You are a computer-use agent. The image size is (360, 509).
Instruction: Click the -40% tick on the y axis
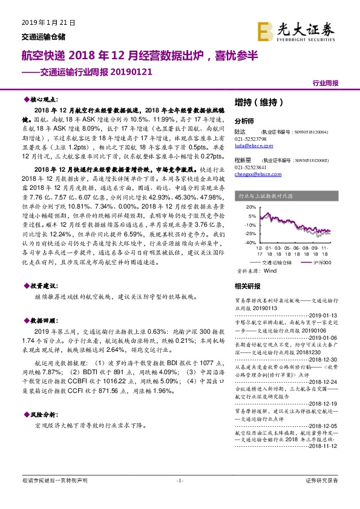250,242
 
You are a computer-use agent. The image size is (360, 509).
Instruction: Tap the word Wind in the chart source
270,271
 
